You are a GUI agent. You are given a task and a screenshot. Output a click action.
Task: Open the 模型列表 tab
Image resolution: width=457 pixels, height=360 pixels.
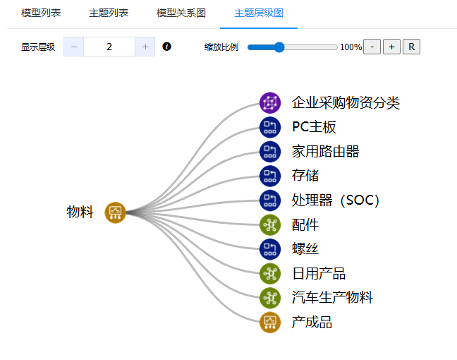tap(41, 13)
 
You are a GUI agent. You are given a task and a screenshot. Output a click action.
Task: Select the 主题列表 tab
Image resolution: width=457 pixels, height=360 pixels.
tap(109, 13)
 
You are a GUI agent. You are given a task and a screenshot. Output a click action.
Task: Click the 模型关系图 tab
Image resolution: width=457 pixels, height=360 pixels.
tap(181, 13)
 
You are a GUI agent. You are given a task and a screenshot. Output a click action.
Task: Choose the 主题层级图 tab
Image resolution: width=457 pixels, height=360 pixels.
tap(258, 13)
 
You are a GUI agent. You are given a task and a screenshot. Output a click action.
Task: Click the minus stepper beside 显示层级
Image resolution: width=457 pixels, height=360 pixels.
tap(73, 47)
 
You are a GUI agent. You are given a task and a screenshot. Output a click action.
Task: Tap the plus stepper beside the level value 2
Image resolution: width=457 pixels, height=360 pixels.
tap(145, 47)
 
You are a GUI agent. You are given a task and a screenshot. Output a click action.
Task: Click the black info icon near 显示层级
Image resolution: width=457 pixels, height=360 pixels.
tap(167, 47)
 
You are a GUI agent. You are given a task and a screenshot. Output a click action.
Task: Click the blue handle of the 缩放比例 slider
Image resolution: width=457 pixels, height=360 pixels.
tap(279, 47)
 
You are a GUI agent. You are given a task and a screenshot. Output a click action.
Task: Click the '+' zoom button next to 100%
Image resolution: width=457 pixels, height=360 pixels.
tap(391, 47)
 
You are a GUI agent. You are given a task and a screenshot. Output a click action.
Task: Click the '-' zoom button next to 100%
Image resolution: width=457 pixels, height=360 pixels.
tap(372, 47)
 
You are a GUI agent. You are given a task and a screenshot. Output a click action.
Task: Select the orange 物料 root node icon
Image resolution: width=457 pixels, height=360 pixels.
tap(115, 212)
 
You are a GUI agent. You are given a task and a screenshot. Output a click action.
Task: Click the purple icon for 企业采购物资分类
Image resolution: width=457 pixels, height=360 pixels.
tap(269, 103)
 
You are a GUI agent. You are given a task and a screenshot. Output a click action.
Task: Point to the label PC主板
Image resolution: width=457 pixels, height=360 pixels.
tap(314, 127)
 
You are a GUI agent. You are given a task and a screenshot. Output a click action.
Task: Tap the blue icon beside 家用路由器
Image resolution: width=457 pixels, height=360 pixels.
tap(269, 151)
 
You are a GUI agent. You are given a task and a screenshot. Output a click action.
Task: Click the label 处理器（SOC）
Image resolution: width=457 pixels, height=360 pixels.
tap(336, 200)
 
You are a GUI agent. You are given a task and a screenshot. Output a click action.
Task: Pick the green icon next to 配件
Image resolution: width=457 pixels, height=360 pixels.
tap(269, 224)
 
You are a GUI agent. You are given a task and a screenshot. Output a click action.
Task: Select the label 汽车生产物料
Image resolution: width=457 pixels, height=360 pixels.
tap(332, 297)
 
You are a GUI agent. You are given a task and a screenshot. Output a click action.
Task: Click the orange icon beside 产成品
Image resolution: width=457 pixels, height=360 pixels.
tap(269, 322)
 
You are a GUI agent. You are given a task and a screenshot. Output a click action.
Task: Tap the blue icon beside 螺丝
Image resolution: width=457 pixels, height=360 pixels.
tap(269, 248)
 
